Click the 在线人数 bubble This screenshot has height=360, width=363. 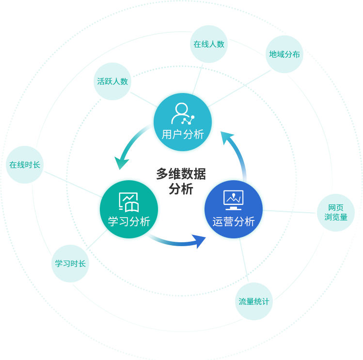click(209, 44)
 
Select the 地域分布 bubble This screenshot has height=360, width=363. click(284, 54)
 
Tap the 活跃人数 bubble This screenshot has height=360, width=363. click(112, 81)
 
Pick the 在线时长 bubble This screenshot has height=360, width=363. click(25, 165)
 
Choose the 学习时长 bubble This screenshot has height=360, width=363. click(70, 264)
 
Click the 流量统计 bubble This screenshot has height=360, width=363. click(254, 301)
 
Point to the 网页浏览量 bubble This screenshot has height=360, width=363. click(336, 213)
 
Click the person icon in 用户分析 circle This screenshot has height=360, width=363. click(183, 113)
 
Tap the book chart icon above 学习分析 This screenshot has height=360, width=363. click(129, 202)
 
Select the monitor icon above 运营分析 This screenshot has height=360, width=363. click(234, 200)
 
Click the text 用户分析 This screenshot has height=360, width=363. click(183, 135)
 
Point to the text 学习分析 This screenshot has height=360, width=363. click(129, 221)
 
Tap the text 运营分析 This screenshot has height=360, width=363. click(234, 221)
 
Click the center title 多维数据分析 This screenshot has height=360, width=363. click(181, 181)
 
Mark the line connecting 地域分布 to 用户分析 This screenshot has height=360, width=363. click(239, 88)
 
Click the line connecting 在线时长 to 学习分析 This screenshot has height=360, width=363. click(73, 184)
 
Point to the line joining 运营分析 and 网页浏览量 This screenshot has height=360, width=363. click(289, 212)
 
